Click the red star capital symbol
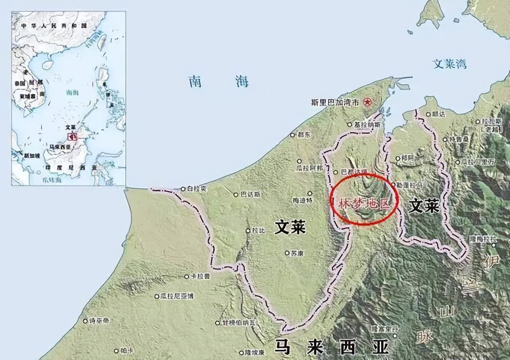[x=367, y=102]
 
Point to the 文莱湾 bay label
[x=450, y=64]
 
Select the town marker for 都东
[x=294, y=135]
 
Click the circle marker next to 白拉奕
[x=182, y=189]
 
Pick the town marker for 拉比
[x=248, y=231]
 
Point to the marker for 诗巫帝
[x=85, y=321]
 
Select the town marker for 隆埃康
[x=241, y=352]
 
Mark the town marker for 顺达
[x=428, y=114]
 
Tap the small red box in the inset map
[x=72, y=136]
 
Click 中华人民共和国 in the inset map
[x=54, y=25]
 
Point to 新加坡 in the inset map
[x=32, y=155]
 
